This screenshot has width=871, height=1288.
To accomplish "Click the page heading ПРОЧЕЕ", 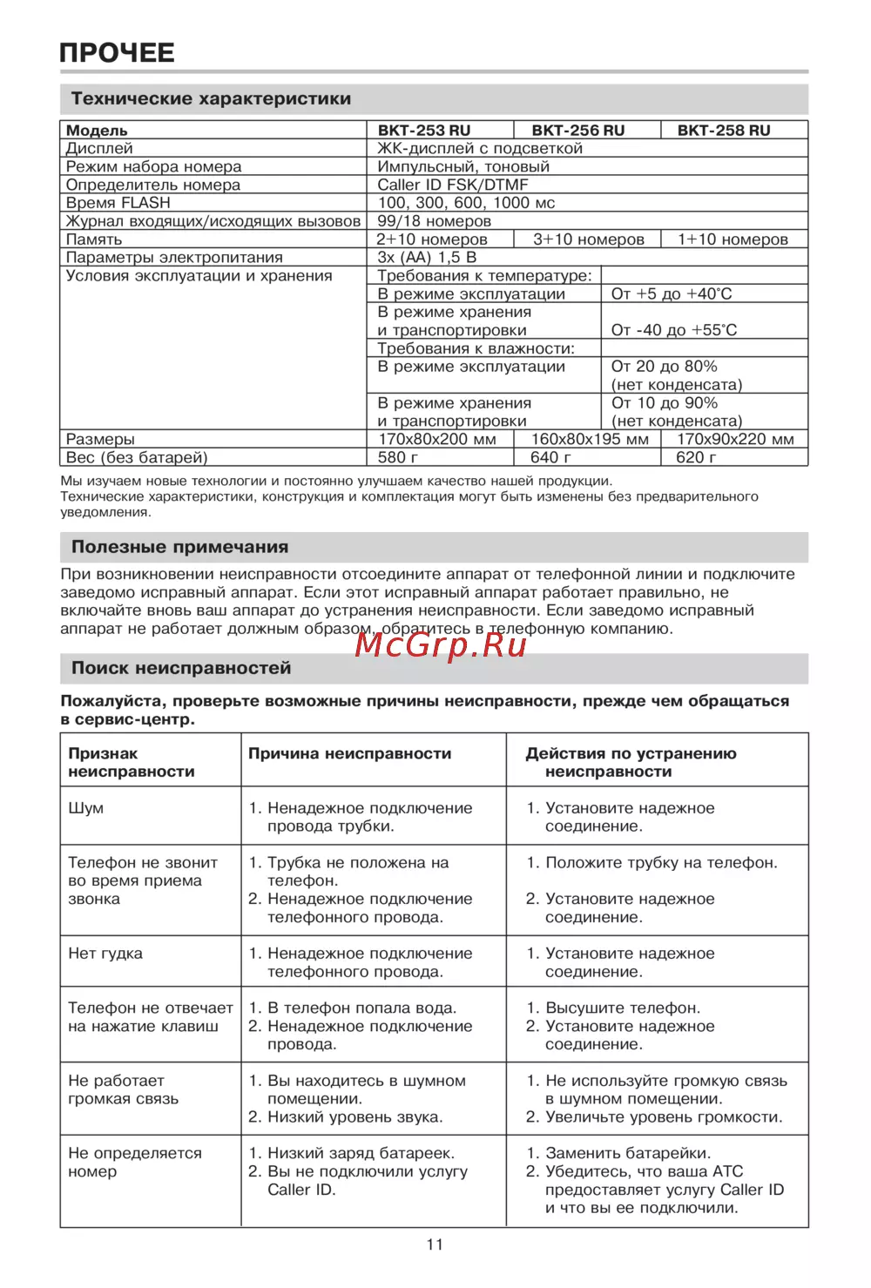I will coord(117,52).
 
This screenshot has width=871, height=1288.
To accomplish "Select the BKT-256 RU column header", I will coord(577,131).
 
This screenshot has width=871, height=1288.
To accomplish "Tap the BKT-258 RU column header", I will coord(724,131).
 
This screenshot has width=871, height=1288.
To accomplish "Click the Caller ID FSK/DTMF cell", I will coord(452,185).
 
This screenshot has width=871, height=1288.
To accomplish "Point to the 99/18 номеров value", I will coord(434,221).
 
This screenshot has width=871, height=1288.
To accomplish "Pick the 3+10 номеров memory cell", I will coord(588,239).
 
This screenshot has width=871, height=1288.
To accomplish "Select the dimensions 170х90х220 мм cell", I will coord(735,439).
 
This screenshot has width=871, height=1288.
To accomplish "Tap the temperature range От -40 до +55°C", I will coord(673,330).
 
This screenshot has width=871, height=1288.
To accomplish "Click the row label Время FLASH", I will coord(118,203).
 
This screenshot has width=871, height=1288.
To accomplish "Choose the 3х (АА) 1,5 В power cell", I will coord(427,258).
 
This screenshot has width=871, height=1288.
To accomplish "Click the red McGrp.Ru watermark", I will coord(441,644).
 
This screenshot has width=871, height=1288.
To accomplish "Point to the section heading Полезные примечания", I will coord(179,547).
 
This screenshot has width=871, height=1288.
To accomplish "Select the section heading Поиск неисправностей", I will coord(181,668).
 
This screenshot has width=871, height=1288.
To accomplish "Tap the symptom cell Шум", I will coord(86,808).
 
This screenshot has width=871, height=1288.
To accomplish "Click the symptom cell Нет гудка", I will coord(105,954).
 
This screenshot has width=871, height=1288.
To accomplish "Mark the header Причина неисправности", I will coord(349,753).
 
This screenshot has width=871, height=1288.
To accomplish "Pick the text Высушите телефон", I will coord(623,1008).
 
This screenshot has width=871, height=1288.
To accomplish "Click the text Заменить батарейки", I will coord(628,1153).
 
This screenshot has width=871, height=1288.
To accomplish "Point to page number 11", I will coord(435,1244).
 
